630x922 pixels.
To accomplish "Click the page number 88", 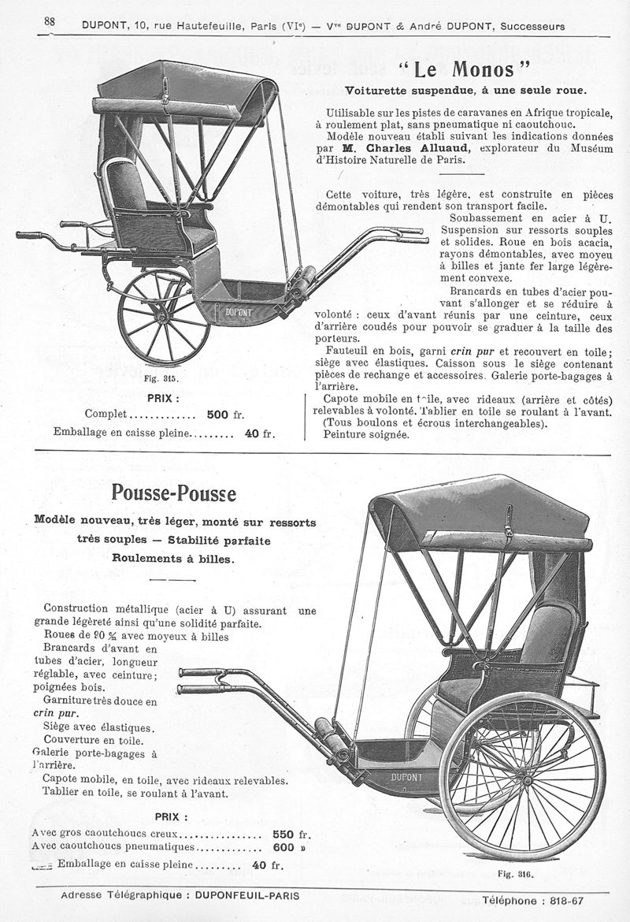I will [x=49, y=23].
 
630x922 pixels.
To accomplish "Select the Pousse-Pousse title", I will [x=173, y=494].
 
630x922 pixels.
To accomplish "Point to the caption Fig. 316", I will [x=516, y=873].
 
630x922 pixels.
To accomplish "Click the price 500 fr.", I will [x=229, y=415].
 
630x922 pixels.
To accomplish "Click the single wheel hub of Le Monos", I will [x=164, y=317].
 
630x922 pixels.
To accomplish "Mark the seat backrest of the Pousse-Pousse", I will [x=547, y=634].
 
